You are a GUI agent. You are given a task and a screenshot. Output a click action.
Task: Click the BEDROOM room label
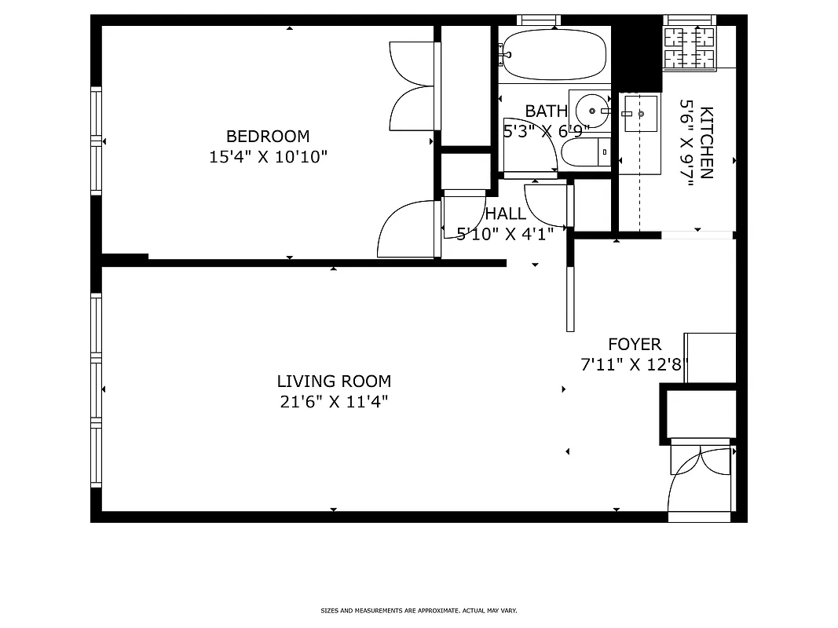268,136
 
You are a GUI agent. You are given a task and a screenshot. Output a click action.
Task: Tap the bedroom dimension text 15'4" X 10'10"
268,156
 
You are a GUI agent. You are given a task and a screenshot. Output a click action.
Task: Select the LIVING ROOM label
334,382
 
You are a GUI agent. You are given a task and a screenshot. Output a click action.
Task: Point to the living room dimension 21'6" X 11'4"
334,402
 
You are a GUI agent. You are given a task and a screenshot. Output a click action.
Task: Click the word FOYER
635,344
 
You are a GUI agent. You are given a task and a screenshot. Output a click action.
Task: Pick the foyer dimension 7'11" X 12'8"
634,364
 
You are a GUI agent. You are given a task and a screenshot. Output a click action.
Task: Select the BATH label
546,111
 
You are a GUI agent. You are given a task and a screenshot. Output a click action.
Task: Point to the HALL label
506,214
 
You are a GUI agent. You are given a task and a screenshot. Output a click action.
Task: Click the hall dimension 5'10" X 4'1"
506,232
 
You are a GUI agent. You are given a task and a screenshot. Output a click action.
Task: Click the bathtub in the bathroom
554,54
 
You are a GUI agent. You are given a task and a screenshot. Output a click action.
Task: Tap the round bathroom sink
591,110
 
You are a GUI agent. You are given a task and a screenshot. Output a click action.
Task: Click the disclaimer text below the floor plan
419,610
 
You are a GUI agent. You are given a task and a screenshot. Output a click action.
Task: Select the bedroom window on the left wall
97,141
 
